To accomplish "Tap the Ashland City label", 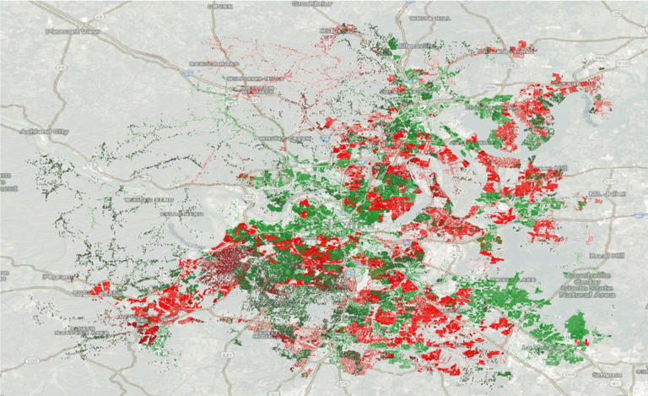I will pyautogui.click(x=38, y=132).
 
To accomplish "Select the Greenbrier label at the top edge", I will pyautogui.click(x=311, y=3).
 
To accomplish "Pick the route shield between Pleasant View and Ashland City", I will pyautogui.click(x=62, y=64).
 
